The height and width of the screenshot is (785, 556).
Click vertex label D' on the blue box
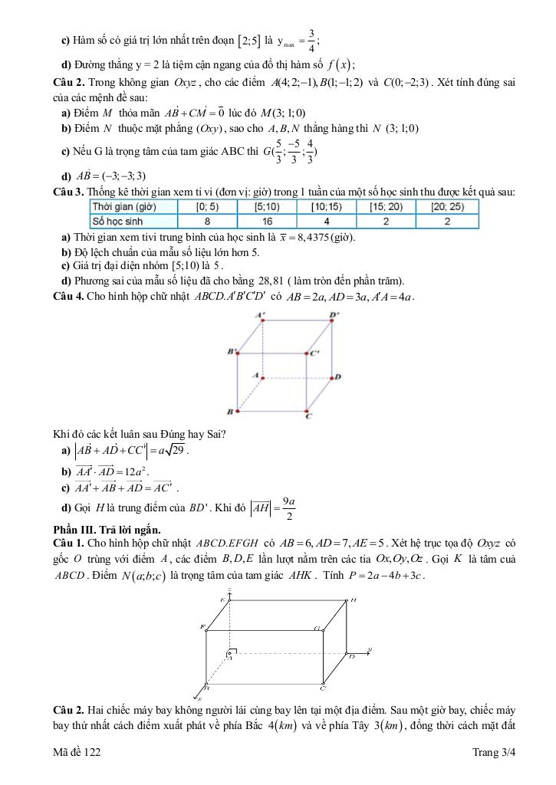pyautogui.click(x=334, y=315)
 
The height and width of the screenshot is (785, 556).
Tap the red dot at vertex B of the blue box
pyautogui.click(x=238, y=412)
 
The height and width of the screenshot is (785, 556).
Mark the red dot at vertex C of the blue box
pyautogui.click(x=308, y=412)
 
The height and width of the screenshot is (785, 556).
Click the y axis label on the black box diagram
pyautogui.click(x=370, y=650)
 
